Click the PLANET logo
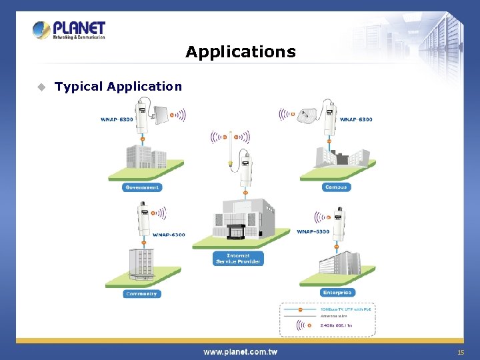[x=69, y=30]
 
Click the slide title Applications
[x=240, y=52]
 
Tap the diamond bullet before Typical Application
[x=41, y=87]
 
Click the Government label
[x=142, y=187]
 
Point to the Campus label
[x=336, y=187]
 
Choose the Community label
[x=141, y=293]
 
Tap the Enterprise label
[x=337, y=292]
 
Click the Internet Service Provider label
[x=238, y=258]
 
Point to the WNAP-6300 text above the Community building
[x=169, y=235]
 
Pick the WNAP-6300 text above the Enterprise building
[x=313, y=232]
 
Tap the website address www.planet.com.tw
[x=240, y=351]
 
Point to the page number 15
[x=460, y=352]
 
